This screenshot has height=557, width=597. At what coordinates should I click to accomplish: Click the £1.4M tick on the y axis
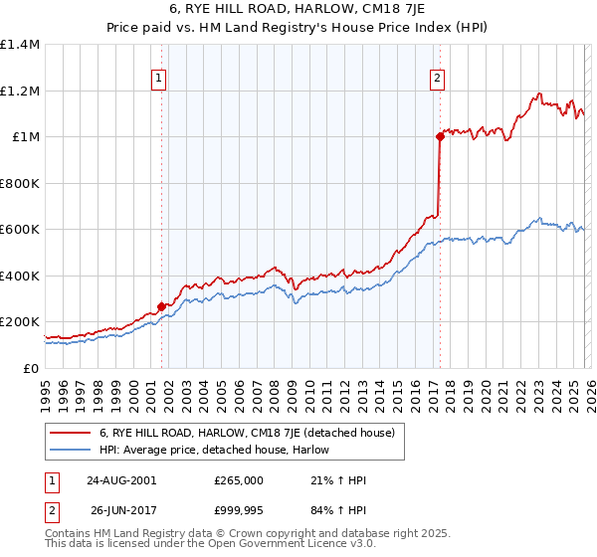pos(20,45)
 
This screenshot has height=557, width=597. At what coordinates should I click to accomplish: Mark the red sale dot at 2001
pos(161,307)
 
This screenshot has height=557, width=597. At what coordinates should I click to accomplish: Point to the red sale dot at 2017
pos(438,137)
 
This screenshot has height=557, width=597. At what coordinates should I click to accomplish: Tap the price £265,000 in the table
pos(238,480)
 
